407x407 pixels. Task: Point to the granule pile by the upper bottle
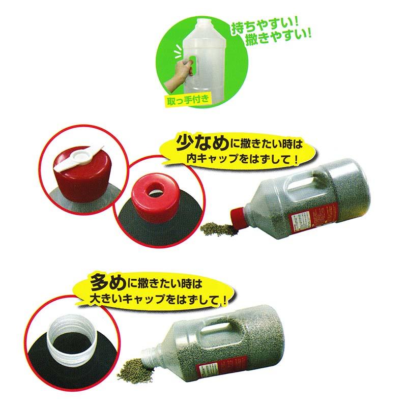pyautogui.click(x=216, y=229)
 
